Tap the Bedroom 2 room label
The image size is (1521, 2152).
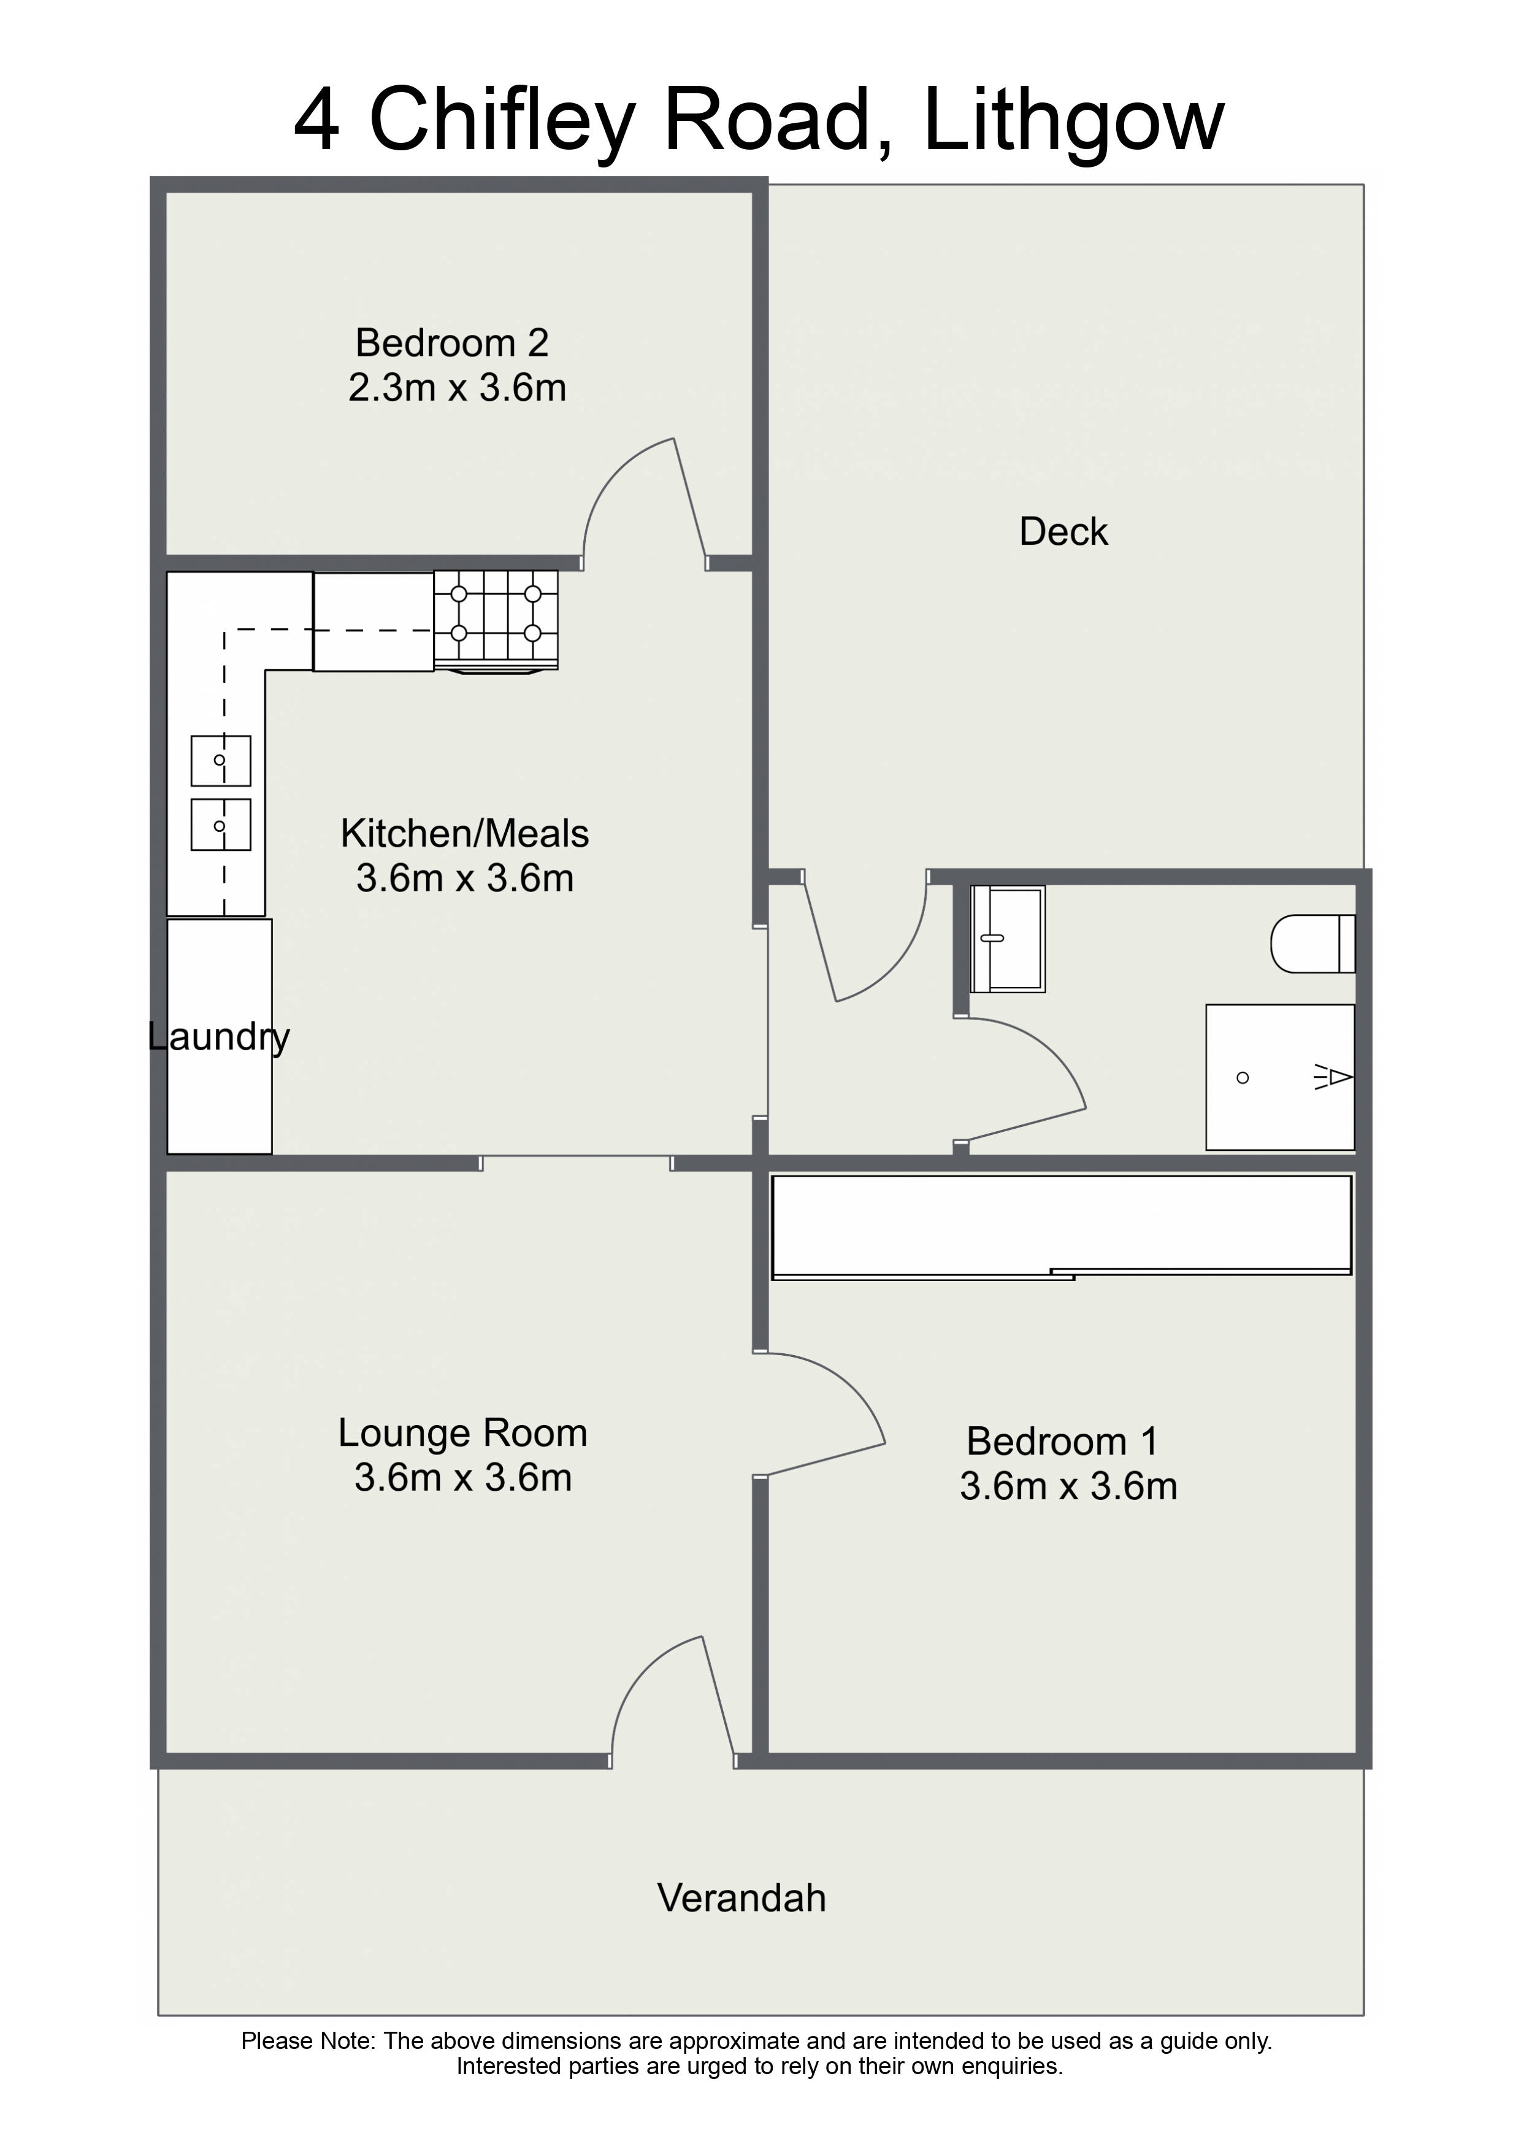(452, 343)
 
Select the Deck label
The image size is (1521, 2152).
(1063, 531)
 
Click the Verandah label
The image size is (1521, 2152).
(741, 1898)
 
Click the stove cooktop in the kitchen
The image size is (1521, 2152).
(496, 620)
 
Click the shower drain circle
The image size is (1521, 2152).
(1243, 1078)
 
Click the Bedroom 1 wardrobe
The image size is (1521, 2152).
(1061, 1227)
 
